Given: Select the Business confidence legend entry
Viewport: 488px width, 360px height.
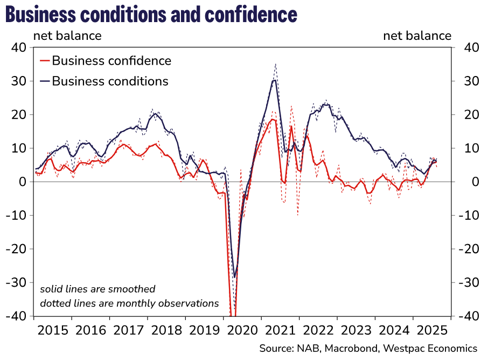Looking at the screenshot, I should pos(111,61).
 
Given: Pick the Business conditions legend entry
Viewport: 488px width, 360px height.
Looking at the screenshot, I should pos(110,81).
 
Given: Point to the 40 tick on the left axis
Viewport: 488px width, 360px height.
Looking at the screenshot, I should pos(19,47).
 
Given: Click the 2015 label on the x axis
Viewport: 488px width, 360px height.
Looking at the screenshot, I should pos(52,329).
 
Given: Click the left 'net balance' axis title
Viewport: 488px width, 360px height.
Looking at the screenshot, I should pos(67,36).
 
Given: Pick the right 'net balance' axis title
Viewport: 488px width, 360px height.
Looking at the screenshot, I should pos(417,36).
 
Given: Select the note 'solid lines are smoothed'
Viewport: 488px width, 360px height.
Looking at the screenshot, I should pos(97,289).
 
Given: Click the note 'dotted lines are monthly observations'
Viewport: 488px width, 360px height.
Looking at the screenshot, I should pos(129,303).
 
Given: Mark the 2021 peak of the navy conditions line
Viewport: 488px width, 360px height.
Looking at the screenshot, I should pos(275,80).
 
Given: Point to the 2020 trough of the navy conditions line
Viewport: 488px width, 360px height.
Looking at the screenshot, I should pos(234,278).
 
